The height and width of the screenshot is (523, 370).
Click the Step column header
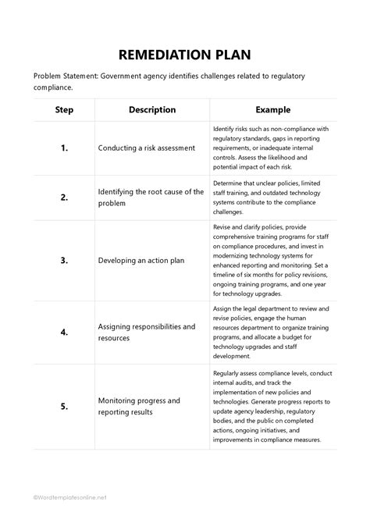[x=64, y=110]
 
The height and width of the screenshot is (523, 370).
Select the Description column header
[x=152, y=110]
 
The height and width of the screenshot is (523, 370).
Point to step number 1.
[x=64, y=148]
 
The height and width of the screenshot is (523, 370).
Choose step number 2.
[x=64, y=197]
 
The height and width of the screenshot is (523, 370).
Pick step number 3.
[x=64, y=260]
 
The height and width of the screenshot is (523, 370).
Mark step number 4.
[x=64, y=332]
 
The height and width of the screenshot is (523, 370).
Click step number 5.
[x=64, y=406]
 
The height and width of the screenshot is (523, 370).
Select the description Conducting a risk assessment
[x=147, y=148]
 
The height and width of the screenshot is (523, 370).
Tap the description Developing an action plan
[x=141, y=260]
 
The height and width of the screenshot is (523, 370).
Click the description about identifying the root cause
[x=151, y=197]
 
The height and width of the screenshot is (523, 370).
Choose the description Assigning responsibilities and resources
[x=147, y=332]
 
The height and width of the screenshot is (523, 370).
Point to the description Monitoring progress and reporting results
[x=139, y=406]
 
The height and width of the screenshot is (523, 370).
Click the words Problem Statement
[x=66, y=76]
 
